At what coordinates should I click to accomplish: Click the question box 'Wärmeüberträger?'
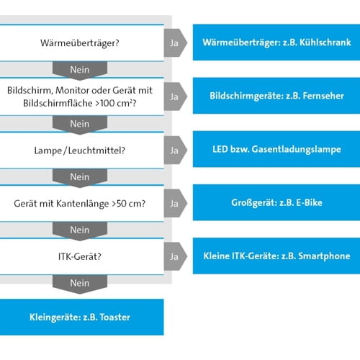click(81, 42)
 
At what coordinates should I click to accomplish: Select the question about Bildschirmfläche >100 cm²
click(81, 96)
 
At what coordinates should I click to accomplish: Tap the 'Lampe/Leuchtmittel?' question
click(81, 150)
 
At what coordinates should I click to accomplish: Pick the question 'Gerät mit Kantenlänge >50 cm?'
click(81, 204)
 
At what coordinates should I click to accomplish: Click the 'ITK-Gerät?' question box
click(81, 257)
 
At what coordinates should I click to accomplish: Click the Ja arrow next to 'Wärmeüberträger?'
click(174, 42)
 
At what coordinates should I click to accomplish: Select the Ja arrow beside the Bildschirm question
click(174, 96)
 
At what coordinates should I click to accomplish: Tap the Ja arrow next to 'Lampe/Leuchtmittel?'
click(174, 150)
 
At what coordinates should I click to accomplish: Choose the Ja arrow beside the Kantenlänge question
click(174, 204)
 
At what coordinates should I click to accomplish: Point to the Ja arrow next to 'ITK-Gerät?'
click(174, 256)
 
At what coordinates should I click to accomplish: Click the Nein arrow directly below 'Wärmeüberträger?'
click(80, 69)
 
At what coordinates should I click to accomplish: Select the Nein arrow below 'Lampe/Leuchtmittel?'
click(80, 177)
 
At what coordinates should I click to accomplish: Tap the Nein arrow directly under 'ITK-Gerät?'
click(80, 284)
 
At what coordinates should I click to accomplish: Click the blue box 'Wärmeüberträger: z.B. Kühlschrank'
click(276, 42)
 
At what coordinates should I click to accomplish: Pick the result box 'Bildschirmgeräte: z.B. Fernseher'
click(276, 96)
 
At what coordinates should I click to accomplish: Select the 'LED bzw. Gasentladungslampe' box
click(276, 150)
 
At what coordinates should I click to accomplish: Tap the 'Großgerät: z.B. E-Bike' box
click(276, 203)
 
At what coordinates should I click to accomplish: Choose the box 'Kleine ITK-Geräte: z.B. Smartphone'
click(276, 256)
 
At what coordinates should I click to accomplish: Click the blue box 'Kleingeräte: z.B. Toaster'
click(81, 317)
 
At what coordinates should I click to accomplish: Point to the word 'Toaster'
click(114, 317)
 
